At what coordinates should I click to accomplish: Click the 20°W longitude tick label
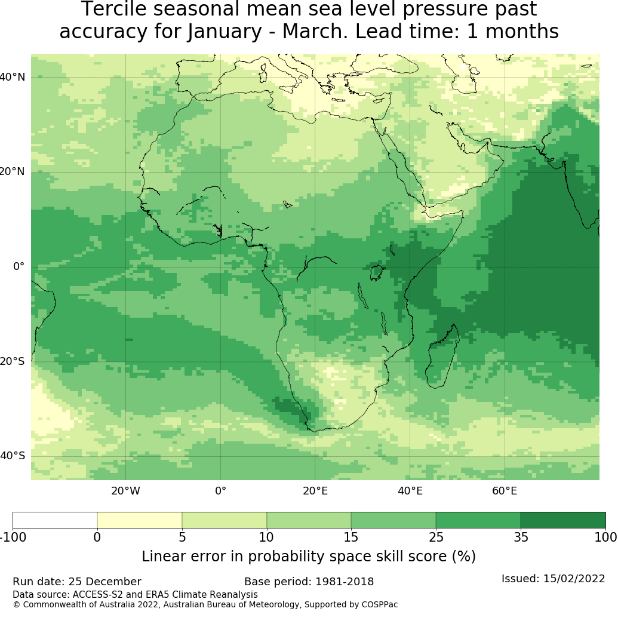tap(125, 491)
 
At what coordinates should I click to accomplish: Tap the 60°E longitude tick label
tap(505, 491)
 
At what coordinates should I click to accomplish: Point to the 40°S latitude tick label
tap(13, 456)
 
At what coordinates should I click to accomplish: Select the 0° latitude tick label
tap(19, 266)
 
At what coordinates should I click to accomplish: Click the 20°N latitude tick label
tap(13, 172)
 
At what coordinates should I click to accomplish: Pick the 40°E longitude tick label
tap(410, 491)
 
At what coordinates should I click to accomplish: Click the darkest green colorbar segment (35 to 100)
tap(562, 520)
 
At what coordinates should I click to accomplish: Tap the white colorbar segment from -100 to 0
tap(55, 520)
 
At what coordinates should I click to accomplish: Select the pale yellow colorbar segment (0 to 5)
tap(139, 520)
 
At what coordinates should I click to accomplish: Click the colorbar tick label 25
tap(436, 537)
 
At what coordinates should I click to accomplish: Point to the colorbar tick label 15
tap(351, 537)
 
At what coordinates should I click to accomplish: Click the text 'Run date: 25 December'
tap(77, 582)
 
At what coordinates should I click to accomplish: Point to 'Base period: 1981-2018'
tap(309, 582)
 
